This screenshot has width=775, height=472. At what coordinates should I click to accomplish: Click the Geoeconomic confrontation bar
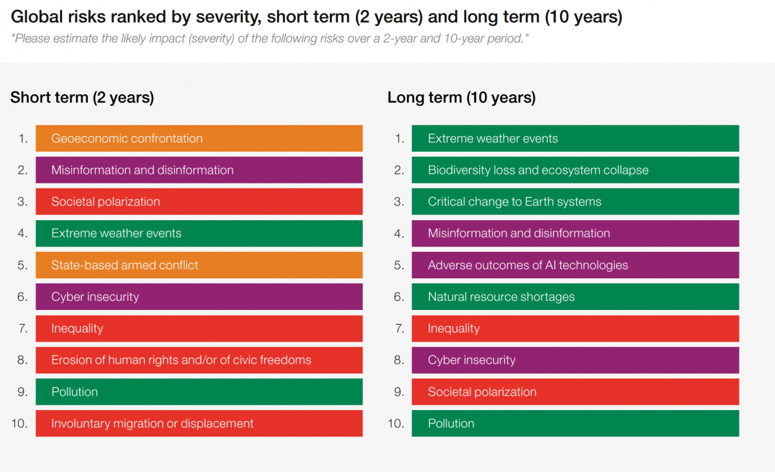click(x=199, y=138)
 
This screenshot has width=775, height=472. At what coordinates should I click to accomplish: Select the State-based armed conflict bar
click(x=199, y=265)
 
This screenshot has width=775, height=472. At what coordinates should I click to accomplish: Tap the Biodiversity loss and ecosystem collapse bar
click(x=575, y=170)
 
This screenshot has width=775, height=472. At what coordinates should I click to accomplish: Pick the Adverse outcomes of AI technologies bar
click(x=575, y=265)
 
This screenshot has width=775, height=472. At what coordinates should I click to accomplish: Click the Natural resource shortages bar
click(x=575, y=296)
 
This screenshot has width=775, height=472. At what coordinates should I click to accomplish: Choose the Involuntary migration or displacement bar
click(x=199, y=423)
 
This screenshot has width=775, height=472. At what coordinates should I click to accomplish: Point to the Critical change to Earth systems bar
click(x=575, y=201)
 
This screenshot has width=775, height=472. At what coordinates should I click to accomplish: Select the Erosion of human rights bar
click(x=199, y=360)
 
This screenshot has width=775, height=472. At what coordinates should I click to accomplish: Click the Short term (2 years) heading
click(x=82, y=97)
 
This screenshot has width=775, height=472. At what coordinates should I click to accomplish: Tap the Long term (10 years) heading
click(x=462, y=97)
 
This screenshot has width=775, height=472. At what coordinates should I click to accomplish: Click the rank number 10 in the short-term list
click(x=19, y=423)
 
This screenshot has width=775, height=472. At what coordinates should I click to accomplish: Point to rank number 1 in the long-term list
click(x=400, y=138)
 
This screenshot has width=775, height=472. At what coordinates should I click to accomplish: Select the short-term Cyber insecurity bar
click(x=199, y=296)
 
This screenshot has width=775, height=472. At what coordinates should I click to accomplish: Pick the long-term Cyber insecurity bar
click(x=575, y=360)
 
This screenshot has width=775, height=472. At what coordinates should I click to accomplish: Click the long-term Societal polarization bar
click(x=575, y=392)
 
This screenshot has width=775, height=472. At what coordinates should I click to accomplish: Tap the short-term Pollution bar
click(x=199, y=392)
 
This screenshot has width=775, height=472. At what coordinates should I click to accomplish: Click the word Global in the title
click(x=37, y=17)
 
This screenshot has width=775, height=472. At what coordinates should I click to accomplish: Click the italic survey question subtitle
click(x=270, y=38)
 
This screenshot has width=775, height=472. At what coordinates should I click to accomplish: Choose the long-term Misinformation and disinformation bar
click(x=575, y=233)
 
